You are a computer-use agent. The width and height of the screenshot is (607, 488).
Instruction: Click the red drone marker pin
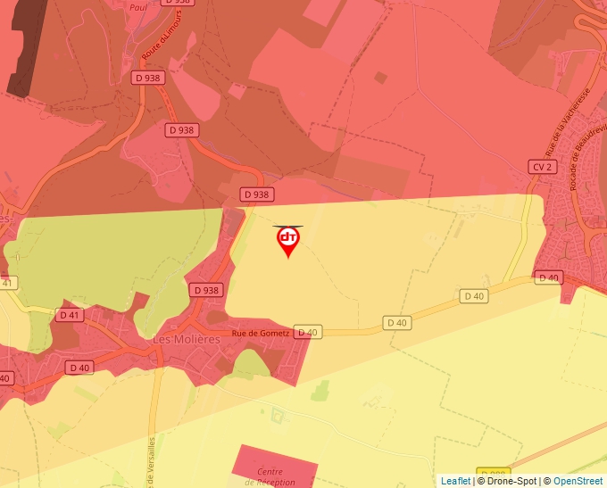coord(288,240)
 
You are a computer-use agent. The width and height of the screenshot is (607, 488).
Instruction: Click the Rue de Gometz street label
coord(261,333)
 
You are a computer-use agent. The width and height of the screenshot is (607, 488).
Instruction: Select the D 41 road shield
coord(69,315)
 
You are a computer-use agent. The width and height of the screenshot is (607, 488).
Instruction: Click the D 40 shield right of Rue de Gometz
coord(307,333)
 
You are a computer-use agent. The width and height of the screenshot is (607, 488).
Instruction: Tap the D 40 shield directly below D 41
coord(79,367)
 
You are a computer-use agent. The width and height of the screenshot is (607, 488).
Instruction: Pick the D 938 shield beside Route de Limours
coord(150,78)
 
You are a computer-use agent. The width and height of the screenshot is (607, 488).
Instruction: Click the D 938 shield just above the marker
coord(256,194)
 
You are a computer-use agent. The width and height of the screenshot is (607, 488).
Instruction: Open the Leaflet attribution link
coord(455,481)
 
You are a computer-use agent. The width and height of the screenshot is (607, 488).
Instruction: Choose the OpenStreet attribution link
coord(578,481)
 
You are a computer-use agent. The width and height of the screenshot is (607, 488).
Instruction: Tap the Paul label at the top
coord(137,7)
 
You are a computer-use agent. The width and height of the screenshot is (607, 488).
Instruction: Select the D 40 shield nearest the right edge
coord(548,277)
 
